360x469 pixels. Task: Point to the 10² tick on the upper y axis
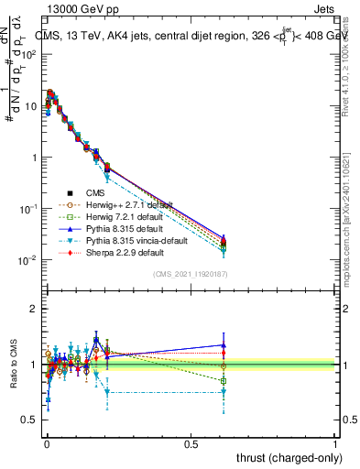pyautogui.click(x=27, y=55)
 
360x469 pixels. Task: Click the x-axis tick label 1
pyautogui.click(x=335, y=442)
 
